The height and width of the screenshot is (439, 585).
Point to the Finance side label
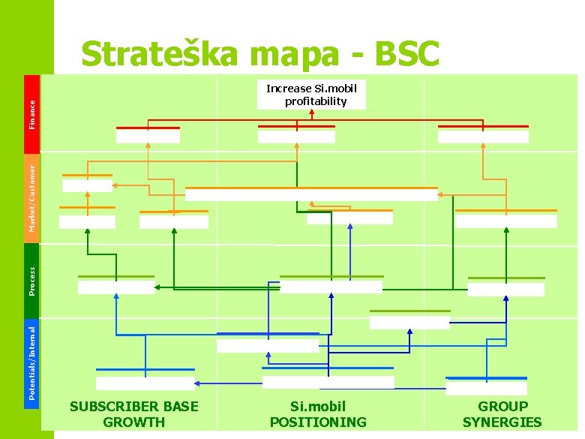32,112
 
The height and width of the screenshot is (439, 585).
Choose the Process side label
32,280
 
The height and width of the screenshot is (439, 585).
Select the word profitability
316,101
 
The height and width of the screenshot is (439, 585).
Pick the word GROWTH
134,422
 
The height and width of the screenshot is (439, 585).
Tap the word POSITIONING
319,422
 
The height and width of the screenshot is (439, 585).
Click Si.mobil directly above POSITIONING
318,407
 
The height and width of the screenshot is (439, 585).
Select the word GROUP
502,407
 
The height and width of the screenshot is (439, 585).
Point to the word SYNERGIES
502,422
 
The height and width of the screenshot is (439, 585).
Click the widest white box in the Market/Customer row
311,194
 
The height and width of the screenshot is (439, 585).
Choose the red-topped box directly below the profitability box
296,136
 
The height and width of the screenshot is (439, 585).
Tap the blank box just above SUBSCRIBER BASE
145,383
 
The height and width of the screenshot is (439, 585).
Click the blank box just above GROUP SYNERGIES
486,388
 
